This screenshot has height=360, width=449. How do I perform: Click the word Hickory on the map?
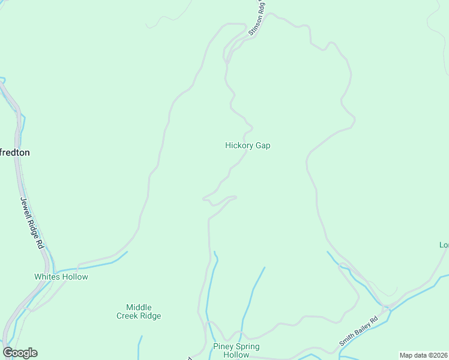(x=238, y=145)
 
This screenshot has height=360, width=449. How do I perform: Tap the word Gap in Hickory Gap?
(x=262, y=145)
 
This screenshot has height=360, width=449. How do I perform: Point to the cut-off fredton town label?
(x=14, y=152)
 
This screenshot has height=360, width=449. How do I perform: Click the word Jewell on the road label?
(x=26, y=208)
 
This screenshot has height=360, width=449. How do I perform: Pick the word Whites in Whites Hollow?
(x=47, y=277)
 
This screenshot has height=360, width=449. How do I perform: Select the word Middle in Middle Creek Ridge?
(x=139, y=307)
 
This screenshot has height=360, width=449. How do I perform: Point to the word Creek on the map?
(x=127, y=316)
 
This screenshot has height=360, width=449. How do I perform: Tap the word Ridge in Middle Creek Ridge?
(x=150, y=316)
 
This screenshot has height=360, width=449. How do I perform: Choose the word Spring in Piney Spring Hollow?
(x=247, y=347)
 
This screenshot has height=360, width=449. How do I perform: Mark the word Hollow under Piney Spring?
(x=236, y=355)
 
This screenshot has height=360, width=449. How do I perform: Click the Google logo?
(x=20, y=353)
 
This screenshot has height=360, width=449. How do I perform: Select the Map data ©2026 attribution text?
(x=424, y=355)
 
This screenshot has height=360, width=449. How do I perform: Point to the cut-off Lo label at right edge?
(x=444, y=245)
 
